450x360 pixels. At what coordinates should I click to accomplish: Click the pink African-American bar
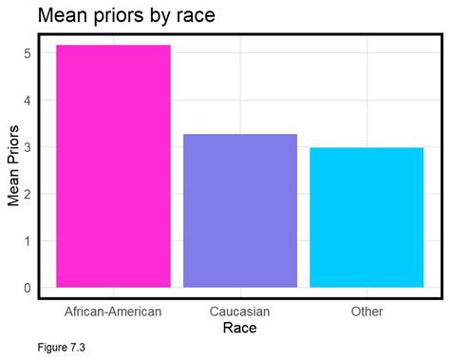point(113,166)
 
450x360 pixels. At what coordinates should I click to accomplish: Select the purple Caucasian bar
point(240,210)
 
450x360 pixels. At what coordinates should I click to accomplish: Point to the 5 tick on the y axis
point(27,53)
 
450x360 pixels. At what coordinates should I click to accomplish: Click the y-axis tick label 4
point(27,100)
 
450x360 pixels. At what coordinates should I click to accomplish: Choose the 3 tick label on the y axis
point(27,147)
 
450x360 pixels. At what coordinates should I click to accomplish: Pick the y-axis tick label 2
point(27,194)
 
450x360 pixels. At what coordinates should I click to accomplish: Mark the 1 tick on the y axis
point(27,240)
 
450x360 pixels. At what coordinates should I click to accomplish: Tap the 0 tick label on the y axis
point(27,288)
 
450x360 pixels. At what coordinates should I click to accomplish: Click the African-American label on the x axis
point(113,311)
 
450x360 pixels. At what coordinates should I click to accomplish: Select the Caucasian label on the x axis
point(240,311)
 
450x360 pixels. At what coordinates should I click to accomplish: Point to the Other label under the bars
point(366,311)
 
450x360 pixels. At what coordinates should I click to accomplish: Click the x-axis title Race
point(240,329)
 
